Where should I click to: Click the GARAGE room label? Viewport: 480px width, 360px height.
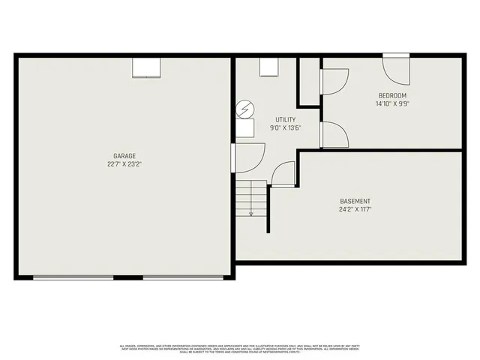coord(124,156)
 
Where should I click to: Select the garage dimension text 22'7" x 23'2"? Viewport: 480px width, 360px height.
coord(124,163)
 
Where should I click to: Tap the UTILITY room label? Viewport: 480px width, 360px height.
coord(285,120)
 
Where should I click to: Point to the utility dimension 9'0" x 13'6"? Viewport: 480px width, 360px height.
coord(285,128)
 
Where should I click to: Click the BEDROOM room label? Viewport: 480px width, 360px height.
coord(392,95)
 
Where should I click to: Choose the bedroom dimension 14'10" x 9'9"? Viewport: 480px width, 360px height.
coord(392,104)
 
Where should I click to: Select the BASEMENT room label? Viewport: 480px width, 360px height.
coord(355,201)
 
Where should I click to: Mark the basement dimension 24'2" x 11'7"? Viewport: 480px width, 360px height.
coord(355,209)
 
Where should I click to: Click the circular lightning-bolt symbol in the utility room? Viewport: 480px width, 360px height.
coord(244,110)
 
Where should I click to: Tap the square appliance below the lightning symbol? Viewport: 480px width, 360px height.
coord(244,128)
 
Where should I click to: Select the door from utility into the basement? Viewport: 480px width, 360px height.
coord(283,175)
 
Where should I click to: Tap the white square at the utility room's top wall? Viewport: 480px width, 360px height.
coord(269,67)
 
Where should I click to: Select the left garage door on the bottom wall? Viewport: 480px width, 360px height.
coord(87,277)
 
